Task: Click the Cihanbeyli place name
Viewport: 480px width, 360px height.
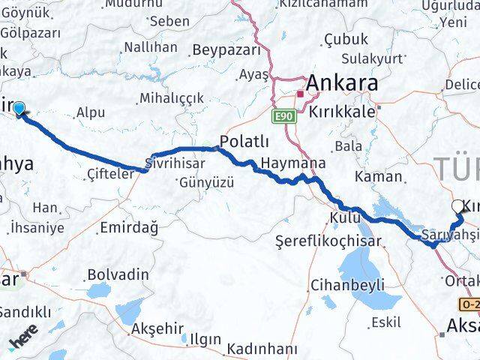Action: point(347,285)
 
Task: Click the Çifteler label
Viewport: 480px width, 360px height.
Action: point(111,173)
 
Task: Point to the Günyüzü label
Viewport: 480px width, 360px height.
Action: point(206,182)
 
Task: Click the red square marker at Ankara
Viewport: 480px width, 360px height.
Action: point(300,94)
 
